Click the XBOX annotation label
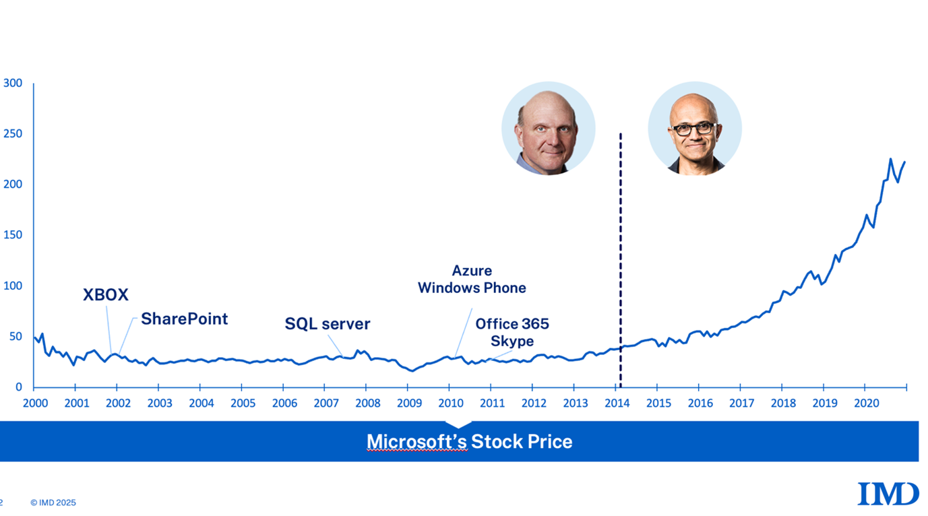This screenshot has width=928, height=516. click(x=106, y=294)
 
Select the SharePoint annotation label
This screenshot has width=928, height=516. click(x=184, y=319)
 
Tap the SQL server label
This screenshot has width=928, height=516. click(x=328, y=324)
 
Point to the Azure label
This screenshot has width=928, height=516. click(x=472, y=271)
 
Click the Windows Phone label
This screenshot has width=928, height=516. click(x=472, y=288)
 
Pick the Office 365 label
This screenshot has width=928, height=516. click(x=512, y=324)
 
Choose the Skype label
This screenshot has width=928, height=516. click(x=512, y=342)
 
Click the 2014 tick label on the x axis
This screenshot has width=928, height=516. click(x=617, y=404)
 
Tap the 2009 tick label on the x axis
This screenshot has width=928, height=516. click(x=409, y=404)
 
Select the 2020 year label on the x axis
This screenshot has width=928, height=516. click(x=866, y=404)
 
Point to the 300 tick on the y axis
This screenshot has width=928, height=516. click(x=13, y=84)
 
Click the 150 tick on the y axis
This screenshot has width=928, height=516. click(x=13, y=235)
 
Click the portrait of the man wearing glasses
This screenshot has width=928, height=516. click(x=695, y=129)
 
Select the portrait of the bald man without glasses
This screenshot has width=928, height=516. click(x=548, y=129)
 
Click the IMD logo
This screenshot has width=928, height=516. click(x=888, y=494)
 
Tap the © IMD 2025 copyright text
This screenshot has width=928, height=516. click(x=53, y=503)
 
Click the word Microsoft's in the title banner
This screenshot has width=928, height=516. click(x=416, y=442)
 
